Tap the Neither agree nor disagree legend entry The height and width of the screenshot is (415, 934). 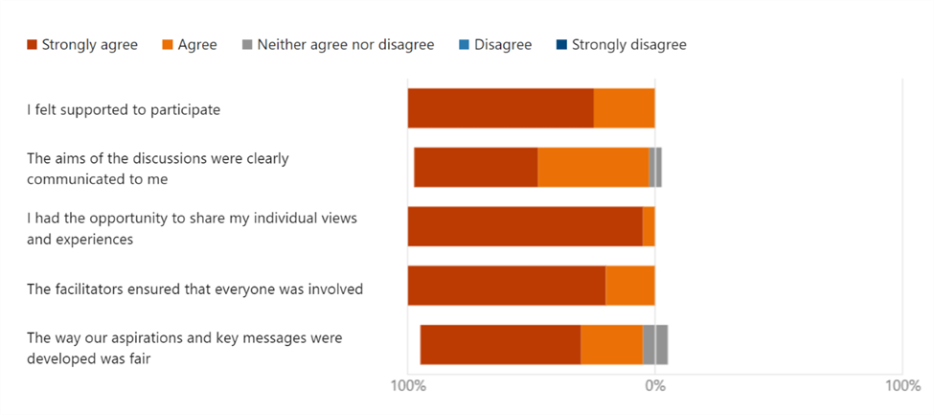[337, 44]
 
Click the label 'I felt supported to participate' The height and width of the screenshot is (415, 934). [124, 109]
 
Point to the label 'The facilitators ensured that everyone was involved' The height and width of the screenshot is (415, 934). [194, 288]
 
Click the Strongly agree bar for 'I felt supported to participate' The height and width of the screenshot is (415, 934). [500, 108]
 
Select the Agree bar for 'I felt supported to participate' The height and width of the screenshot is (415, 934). [624, 108]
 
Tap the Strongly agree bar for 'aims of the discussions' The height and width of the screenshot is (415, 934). [475, 168]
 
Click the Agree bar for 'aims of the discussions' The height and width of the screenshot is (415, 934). [592, 168]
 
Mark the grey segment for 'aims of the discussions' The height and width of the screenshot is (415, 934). [655, 168]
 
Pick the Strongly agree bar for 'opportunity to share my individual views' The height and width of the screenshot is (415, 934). [524, 226]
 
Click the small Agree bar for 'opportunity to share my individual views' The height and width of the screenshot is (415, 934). [649, 226]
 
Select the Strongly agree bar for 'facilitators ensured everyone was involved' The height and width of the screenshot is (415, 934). [506, 286]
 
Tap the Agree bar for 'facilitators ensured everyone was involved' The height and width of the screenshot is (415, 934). [629, 286]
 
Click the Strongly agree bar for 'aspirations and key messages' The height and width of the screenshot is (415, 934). [500, 345]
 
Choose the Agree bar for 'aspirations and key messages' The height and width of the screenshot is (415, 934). [611, 345]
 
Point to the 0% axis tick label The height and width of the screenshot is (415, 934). [654, 386]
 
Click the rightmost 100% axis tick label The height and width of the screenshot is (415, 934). [901, 386]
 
